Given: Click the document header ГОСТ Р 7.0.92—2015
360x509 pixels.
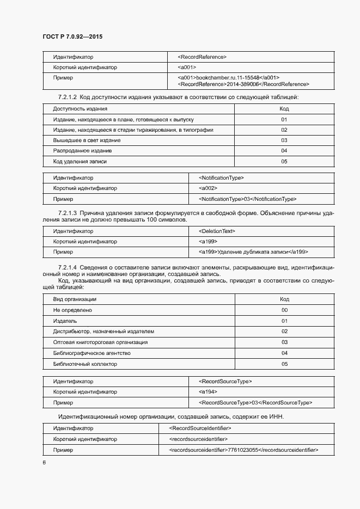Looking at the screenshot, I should click(72, 36).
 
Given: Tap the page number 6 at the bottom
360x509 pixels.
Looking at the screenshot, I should click(44, 462).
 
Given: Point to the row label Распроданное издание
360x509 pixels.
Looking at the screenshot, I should click(82, 151).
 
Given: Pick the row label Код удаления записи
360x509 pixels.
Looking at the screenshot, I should click(80, 161).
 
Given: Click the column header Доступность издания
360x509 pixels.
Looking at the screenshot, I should click(80, 109).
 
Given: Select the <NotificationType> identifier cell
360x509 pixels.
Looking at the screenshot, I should click(221, 177).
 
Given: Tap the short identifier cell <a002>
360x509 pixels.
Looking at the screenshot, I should click(209, 188).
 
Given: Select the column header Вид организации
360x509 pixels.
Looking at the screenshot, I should click(75, 299).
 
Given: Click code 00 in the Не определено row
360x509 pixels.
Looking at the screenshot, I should click(284, 310).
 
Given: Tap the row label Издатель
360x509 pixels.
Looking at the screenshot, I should click(65, 321).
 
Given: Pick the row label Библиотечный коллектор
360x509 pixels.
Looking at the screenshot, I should click(84, 364).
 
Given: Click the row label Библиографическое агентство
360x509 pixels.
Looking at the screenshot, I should click(91, 353).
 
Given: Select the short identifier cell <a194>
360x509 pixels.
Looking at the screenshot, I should click(209, 392).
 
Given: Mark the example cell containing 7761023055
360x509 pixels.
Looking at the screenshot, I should click(243, 450).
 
